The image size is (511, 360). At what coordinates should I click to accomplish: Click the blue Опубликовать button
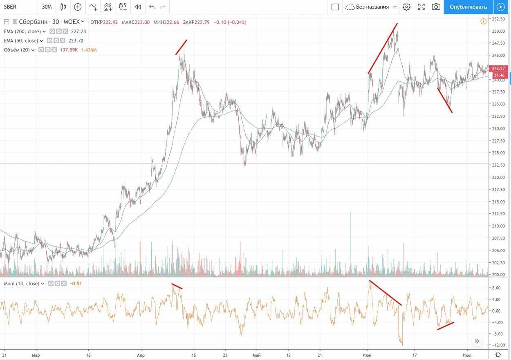point(468,7)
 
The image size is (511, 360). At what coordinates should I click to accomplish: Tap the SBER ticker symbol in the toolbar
point(10,7)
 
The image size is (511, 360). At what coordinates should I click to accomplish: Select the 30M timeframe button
point(47,7)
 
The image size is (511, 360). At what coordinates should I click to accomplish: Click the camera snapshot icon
point(436,7)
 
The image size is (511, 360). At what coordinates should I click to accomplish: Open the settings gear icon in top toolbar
point(406,7)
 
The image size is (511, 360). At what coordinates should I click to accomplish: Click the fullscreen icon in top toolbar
point(421,7)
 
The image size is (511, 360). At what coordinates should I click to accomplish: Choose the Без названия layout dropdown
point(371,7)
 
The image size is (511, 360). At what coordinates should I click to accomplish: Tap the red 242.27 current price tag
point(498,68)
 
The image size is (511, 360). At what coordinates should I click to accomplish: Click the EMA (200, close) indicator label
point(22,31)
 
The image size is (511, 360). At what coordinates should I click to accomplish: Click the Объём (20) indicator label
point(17,50)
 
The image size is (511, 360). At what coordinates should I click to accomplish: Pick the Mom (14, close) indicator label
point(22,284)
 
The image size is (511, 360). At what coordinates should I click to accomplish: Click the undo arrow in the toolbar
point(152,7)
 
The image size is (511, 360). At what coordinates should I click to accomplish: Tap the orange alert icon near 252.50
point(484,21)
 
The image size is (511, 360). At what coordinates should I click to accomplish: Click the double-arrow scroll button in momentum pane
point(477,341)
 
